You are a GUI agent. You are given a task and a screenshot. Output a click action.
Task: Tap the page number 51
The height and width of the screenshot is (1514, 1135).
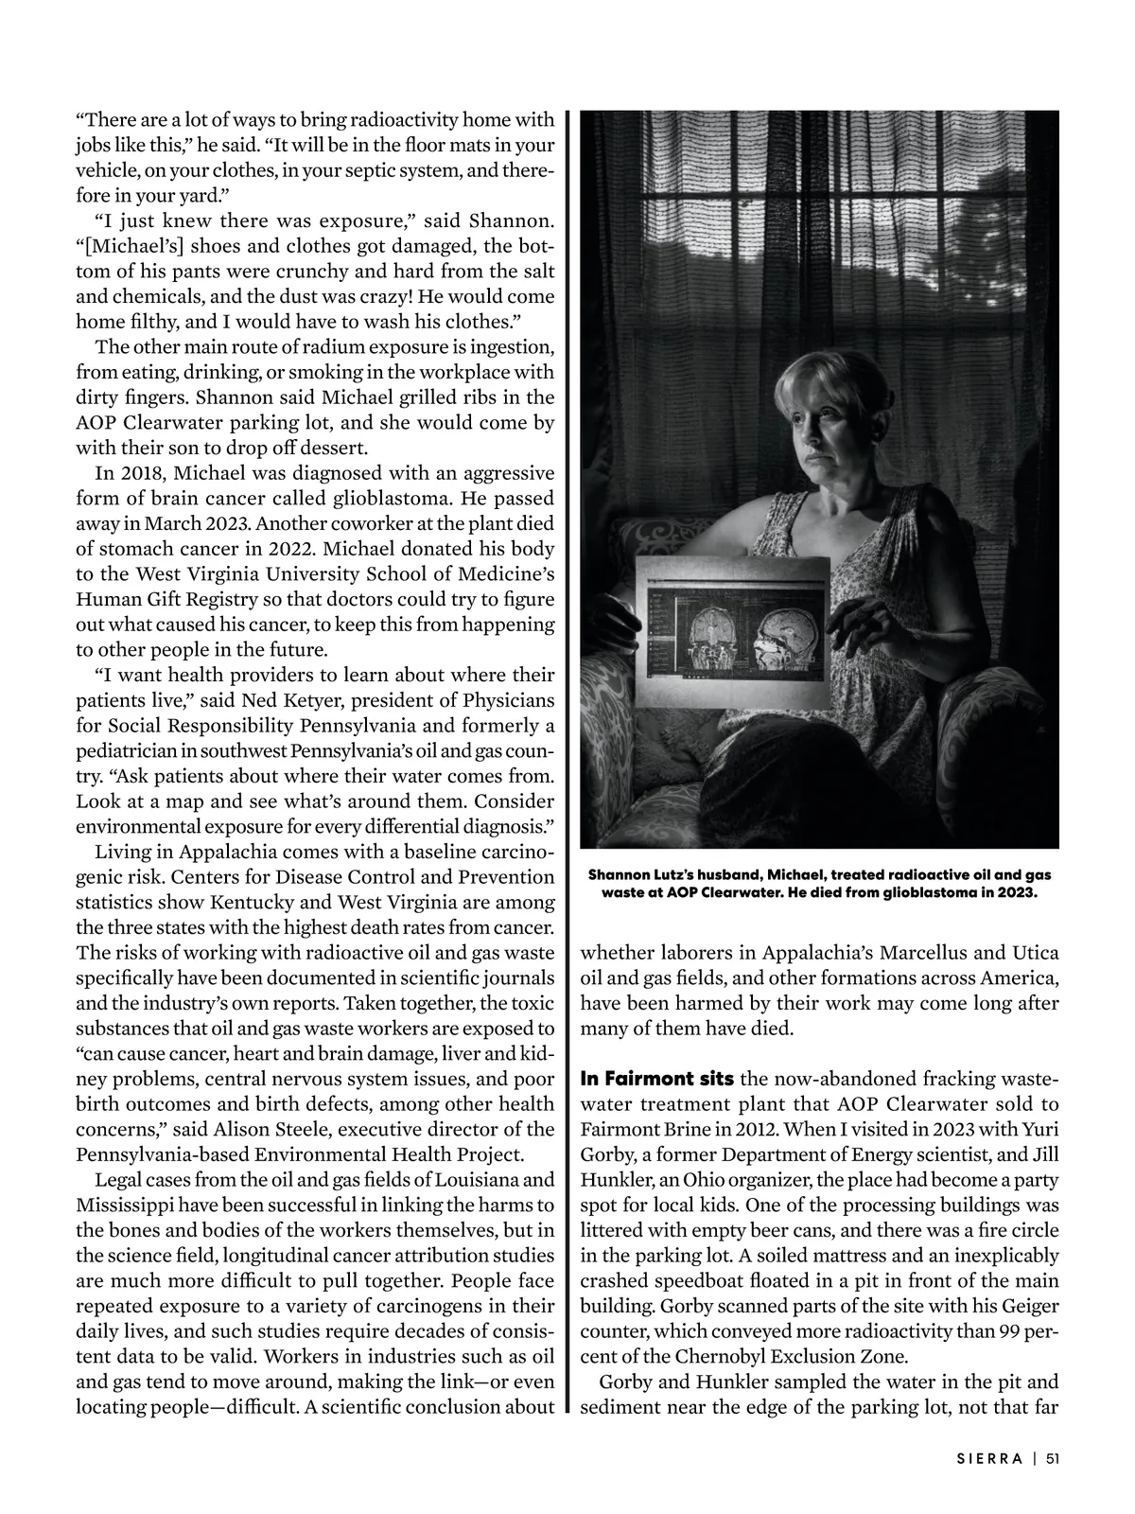click(x=1052, y=1458)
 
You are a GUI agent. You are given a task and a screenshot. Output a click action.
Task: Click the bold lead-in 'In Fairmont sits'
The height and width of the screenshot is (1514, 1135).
click(x=657, y=1079)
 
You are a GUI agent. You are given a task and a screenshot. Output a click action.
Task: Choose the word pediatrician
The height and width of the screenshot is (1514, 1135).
click(x=127, y=750)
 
